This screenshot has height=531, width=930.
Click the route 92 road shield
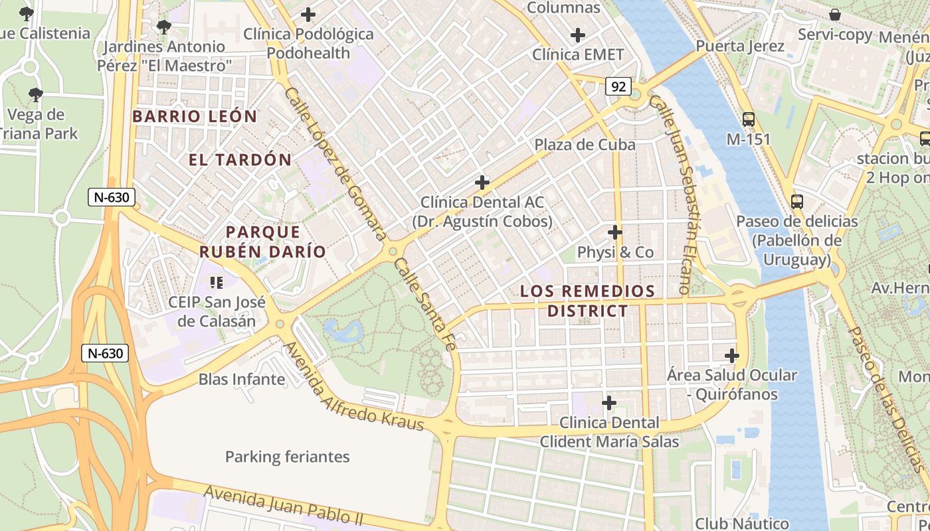[618, 86]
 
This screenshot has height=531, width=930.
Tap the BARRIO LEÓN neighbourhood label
[195, 116]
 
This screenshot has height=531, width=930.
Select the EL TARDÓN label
[240, 159]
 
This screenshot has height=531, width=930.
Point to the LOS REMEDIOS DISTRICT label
[587, 301]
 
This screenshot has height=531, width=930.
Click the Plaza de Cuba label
[585, 145]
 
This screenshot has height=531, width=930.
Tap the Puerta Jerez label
[740, 46]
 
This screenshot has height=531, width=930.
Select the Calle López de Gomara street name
[335, 163]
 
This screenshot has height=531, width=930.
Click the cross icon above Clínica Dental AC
[482, 182]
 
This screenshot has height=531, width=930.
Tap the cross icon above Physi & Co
[615, 232]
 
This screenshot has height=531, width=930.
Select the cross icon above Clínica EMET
[578, 35]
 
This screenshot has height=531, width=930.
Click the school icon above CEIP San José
[216, 283]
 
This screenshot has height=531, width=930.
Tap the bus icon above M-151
[749, 119]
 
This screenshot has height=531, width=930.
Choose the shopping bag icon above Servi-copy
[835, 15]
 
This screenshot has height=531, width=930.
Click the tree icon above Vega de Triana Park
[36, 95]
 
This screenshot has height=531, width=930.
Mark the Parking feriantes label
[287, 457]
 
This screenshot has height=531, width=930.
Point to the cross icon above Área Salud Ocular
[731, 356]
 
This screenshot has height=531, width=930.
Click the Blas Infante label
[242, 380]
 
